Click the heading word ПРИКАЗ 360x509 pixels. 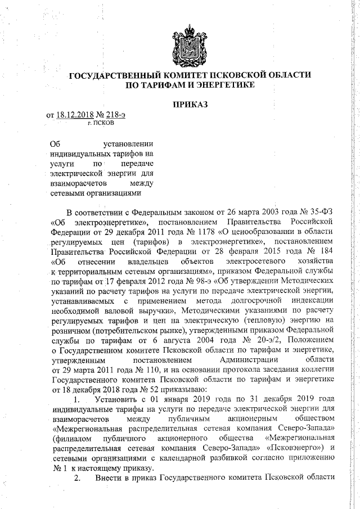190,105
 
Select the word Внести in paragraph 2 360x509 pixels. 107,479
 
